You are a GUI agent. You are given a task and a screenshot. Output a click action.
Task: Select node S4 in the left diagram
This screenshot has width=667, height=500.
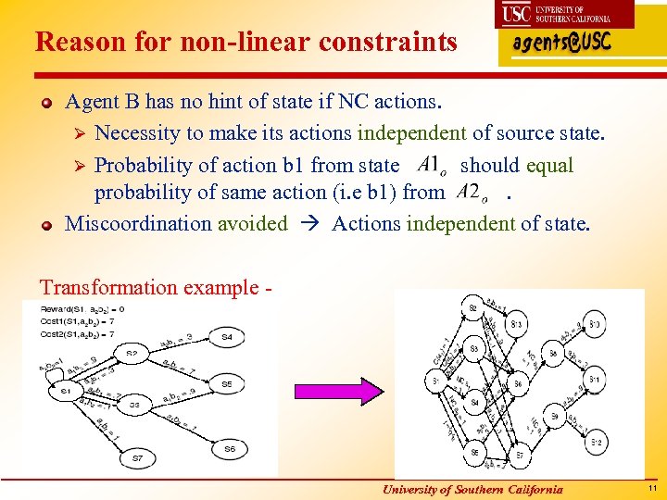click(227, 337)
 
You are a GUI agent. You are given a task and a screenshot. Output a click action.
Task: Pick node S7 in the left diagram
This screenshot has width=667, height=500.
click(138, 457)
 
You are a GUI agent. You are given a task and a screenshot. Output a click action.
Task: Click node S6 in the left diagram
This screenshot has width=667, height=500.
click(230, 448)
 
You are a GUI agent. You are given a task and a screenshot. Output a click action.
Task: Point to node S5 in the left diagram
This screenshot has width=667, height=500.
click(227, 382)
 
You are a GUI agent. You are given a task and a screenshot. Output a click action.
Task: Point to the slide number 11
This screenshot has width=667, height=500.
click(652, 488)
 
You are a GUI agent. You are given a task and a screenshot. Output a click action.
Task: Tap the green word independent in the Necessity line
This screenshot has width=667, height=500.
click(401, 133)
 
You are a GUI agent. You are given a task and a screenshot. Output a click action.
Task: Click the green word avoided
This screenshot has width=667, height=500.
click(253, 223)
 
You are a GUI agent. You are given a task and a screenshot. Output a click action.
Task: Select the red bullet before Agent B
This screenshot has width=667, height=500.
click(46, 101)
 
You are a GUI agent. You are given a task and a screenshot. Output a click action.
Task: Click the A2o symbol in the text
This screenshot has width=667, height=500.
click(474, 192)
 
